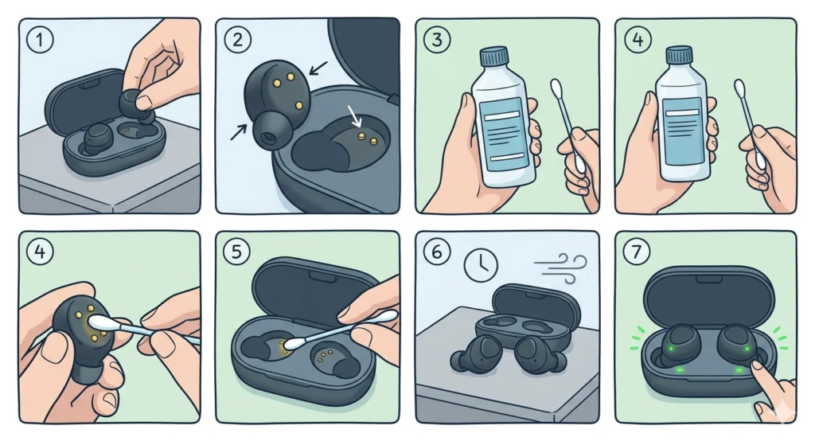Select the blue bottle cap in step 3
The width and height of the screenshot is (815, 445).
point(495,56)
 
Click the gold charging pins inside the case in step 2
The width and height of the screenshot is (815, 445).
point(365,138)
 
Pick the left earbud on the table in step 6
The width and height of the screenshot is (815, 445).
point(470,353)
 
